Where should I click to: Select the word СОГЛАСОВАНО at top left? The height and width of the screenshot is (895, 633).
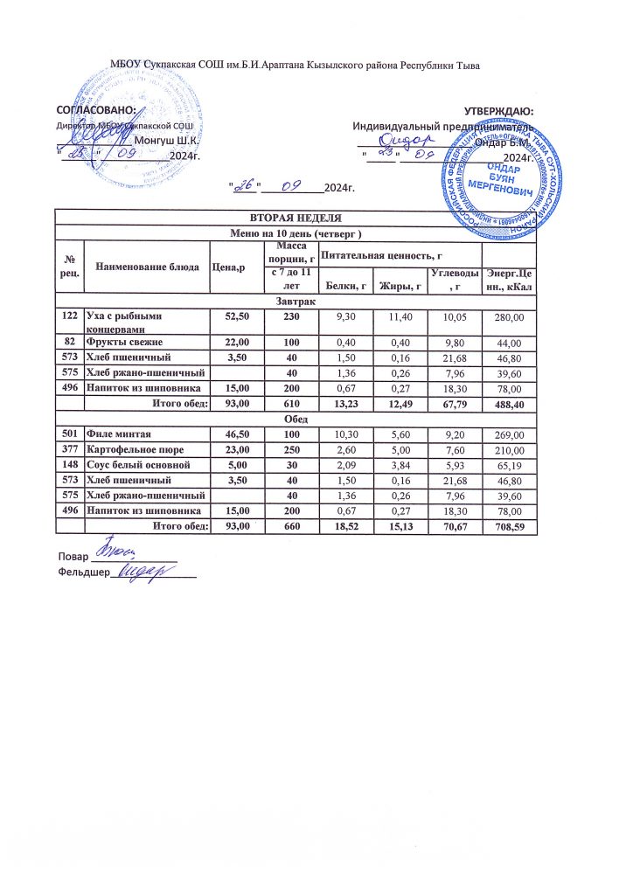(95, 111)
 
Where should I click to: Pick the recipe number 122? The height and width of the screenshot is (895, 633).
(69, 314)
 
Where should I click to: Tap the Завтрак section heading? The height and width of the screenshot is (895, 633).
(294, 301)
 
